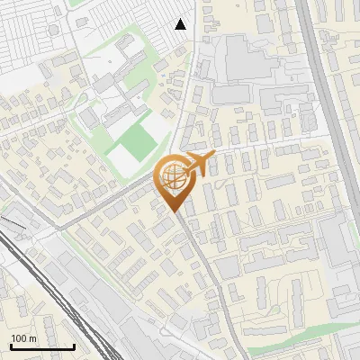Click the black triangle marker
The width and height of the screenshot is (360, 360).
tap(181, 24)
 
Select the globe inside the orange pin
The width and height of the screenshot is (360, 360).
tap(174, 175)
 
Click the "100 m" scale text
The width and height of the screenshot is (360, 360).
tap(23, 337)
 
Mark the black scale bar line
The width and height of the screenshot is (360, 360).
tap(41, 346)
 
